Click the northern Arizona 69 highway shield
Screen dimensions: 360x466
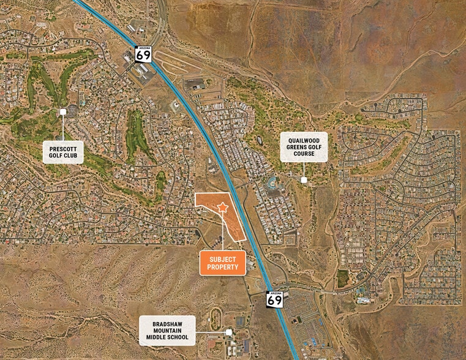coord(143,54)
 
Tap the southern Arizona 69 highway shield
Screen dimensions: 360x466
coord(275,299)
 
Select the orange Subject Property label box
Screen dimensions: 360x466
coord(222,263)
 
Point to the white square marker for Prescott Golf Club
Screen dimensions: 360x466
coord(62,112)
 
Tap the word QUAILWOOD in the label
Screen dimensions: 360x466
coord(304,140)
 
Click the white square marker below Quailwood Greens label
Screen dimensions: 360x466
coord(304,179)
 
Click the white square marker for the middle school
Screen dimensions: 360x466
coord(228,332)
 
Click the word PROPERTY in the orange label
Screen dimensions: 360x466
coord(222,267)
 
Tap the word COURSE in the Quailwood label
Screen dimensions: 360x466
coord(304,154)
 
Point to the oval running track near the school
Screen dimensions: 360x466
coord(215,318)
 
